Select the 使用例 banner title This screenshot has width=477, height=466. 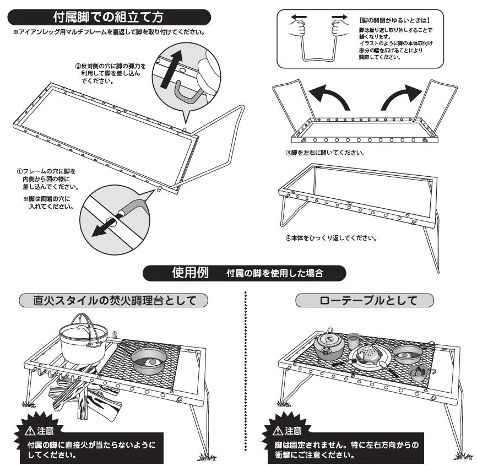tap(190, 273)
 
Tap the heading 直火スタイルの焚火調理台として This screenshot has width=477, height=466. tap(113, 300)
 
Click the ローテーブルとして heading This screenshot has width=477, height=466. tap(364, 300)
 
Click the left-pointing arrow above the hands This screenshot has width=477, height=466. tap(298, 17)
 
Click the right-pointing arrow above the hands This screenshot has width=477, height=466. tap(338, 17)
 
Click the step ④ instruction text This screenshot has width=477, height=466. tap(330, 239)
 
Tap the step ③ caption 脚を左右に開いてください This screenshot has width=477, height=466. tap(325, 153)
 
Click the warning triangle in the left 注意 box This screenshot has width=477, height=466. tap(32, 431)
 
